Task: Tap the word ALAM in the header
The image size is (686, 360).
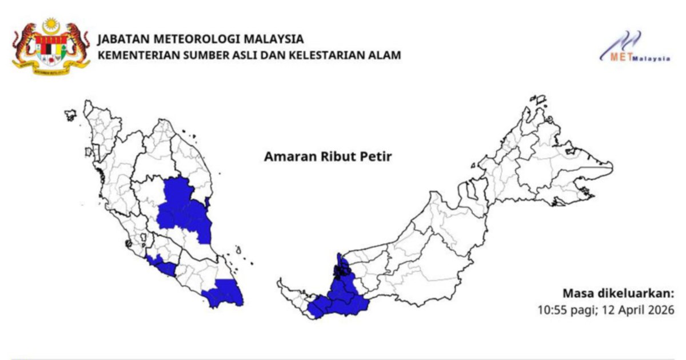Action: pos(386,55)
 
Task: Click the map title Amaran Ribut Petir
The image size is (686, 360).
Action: pos(328,157)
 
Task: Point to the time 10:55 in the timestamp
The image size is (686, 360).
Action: pos(551,310)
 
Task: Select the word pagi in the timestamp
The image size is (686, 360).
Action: pos(581,310)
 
